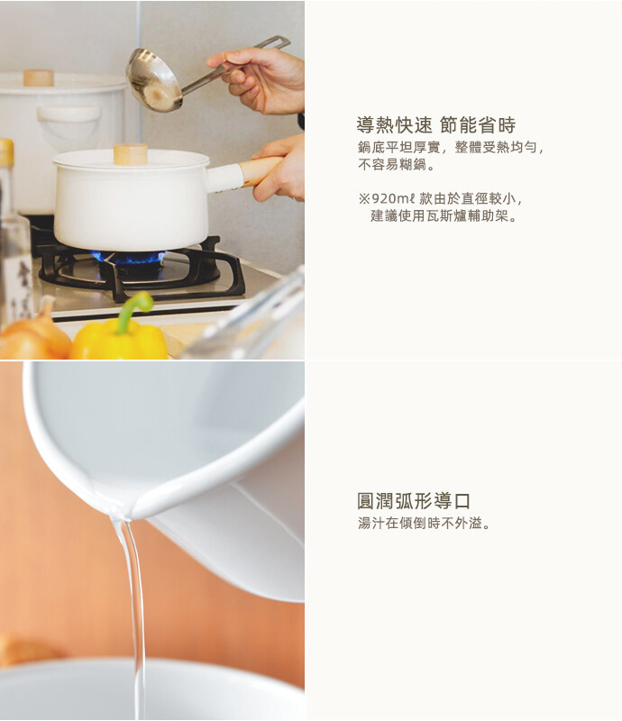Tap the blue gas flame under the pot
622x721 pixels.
pyautogui.click(x=128, y=258)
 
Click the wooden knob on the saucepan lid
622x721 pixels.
pyautogui.click(x=131, y=154)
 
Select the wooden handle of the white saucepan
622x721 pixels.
pyautogui.click(x=261, y=170)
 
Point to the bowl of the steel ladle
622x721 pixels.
pyautogui.click(x=153, y=81)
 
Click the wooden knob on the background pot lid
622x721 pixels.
pyautogui.click(x=39, y=78)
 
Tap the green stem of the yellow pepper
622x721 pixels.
pyautogui.click(x=133, y=308)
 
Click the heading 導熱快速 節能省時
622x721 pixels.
pyautogui.click(x=435, y=125)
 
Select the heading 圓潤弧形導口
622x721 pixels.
pyautogui.click(x=414, y=501)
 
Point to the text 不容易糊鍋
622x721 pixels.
pyautogui.click(x=392, y=165)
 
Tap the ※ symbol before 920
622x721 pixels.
pyautogui.click(x=364, y=199)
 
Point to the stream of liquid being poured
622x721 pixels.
pyautogui.click(x=133, y=616)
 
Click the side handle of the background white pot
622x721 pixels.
pyautogui.click(x=69, y=115)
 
